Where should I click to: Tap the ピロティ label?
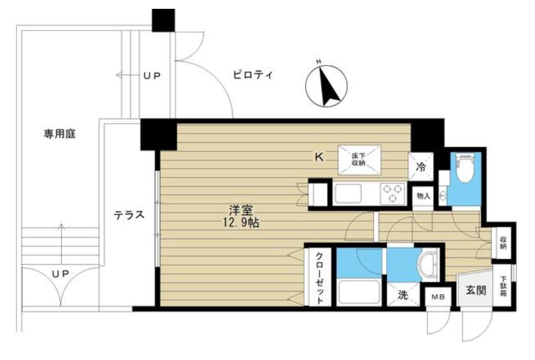click(252, 76)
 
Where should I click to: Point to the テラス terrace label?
click(129, 215)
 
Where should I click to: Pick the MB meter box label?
click(437, 297)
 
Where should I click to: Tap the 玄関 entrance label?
click(477, 291)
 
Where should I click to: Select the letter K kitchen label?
click(318, 157)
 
